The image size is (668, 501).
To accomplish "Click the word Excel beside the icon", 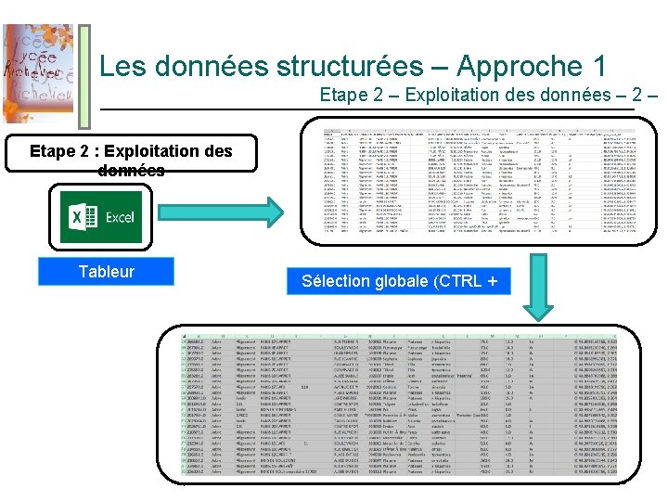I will tap(119, 218).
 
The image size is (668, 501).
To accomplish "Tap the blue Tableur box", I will tap(106, 271).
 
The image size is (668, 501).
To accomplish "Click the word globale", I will tap(405, 281).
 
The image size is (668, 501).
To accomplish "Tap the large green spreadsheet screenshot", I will tap(408, 408).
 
